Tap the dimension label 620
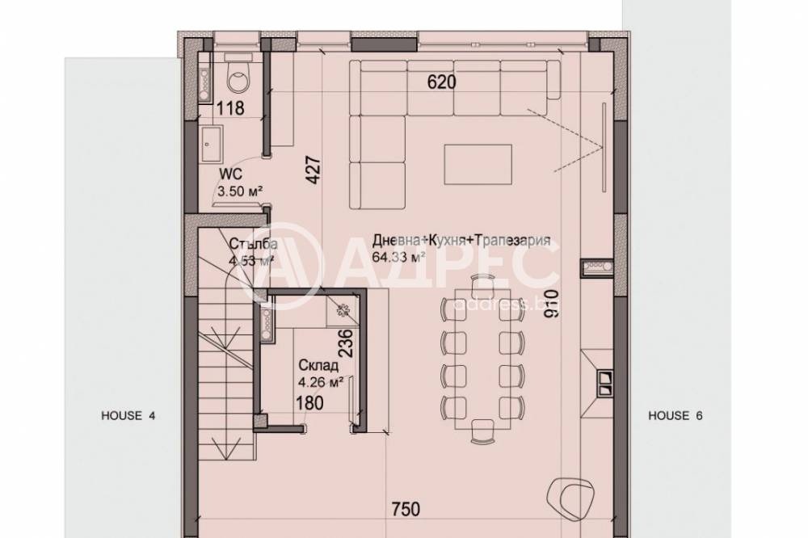coord(442,82)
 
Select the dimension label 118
coord(230,109)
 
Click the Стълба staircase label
coord(253,244)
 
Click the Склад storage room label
coord(312,365)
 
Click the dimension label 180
coord(311,402)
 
